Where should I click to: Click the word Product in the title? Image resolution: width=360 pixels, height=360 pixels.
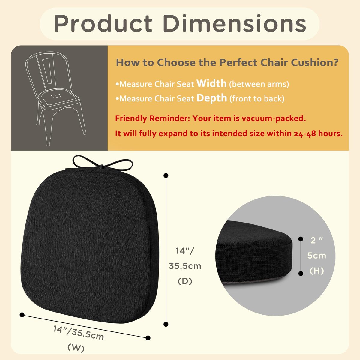(103, 24)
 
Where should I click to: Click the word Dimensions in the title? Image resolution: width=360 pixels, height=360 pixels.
(235, 23)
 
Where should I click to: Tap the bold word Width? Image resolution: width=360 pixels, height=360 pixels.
(211, 83)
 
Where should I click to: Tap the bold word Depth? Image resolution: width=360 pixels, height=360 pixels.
(212, 98)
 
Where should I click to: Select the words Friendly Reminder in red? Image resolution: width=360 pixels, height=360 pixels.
(152, 118)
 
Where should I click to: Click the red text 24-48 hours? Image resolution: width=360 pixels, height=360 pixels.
(318, 133)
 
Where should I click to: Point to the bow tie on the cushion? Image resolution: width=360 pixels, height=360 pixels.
(102, 162)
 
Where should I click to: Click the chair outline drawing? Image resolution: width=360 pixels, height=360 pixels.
(56, 99)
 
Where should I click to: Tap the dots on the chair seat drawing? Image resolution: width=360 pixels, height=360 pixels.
(56, 96)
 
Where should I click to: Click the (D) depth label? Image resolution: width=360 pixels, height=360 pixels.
(185, 281)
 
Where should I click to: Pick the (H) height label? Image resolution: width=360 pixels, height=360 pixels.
(317, 271)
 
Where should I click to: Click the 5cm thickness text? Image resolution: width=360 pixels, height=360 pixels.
(317, 256)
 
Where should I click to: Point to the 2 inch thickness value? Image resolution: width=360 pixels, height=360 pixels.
(317, 240)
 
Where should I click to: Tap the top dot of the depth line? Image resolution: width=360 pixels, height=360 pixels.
(166, 175)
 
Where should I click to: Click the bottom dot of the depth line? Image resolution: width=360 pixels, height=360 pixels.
(166, 324)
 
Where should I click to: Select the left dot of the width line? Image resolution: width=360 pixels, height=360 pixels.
(22, 315)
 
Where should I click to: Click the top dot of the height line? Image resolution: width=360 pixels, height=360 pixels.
(301, 239)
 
